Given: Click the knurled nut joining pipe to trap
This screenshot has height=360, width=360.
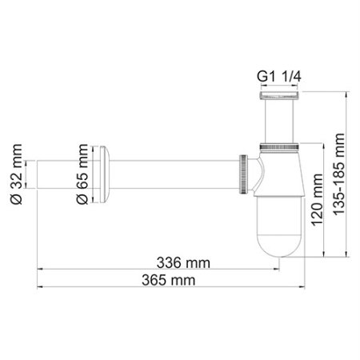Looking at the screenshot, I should coord(242,171).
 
